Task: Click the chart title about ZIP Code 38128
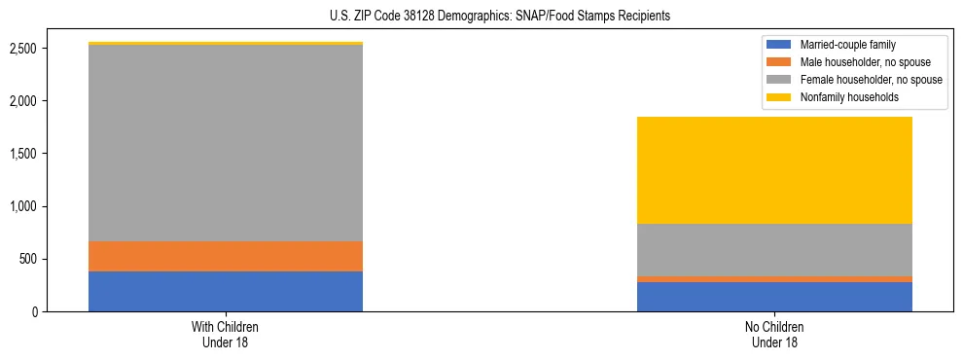[481, 17]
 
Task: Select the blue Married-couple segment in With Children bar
[226, 291]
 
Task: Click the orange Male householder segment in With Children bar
[226, 256]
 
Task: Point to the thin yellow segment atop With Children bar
[226, 43]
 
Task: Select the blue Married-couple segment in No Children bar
[774, 297]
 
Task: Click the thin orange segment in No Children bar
[774, 279]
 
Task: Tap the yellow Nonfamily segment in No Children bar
[774, 170]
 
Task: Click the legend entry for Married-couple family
[847, 45]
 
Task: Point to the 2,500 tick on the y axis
[23, 49]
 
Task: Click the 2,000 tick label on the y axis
[23, 101]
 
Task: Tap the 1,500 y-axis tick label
[23, 154]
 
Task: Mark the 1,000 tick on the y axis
[23, 206]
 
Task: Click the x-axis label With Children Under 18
[226, 334]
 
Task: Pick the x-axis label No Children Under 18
[774, 334]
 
